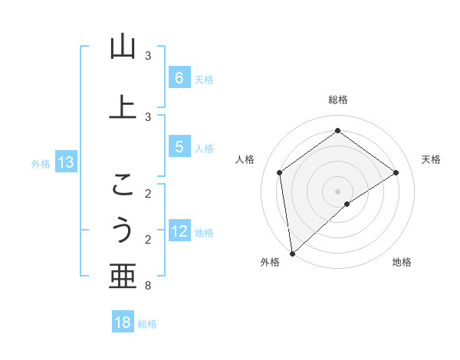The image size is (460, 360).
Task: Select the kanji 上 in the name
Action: point(123,107)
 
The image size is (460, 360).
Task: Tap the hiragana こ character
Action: point(123,185)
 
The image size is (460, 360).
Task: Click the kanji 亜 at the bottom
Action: point(123,277)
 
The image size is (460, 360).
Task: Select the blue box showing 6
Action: point(179,77)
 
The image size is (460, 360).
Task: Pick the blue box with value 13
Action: point(65,162)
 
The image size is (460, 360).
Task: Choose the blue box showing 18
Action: point(123,322)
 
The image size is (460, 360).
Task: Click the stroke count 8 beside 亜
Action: point(148,286)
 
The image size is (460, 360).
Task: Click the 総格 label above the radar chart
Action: point(338,100)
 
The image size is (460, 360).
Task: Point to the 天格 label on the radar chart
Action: point(431,159)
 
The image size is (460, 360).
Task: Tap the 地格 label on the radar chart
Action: point(402,262)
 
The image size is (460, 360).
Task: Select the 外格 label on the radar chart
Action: point(270,262)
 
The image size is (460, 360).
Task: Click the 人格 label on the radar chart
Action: point(245,159)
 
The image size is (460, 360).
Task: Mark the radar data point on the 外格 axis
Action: point(291,253)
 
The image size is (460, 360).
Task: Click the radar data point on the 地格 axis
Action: point(347,204)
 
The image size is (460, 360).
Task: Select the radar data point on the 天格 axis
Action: point(396,172)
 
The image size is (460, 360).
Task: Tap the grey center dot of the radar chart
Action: point(338,191)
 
